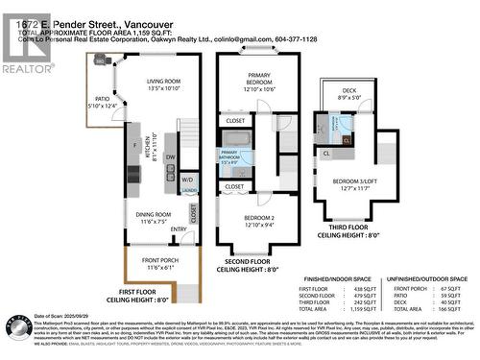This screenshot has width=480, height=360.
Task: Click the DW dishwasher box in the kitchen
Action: (x=170, y=157)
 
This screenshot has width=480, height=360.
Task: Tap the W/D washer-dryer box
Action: (x=187, y=180)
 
